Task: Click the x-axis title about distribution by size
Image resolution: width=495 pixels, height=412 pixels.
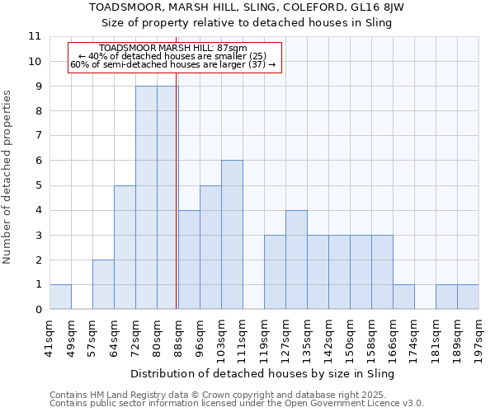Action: [263, 373]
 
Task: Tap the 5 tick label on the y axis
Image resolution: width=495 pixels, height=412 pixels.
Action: [38, 185]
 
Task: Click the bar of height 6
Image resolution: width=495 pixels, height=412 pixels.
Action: [232, 235]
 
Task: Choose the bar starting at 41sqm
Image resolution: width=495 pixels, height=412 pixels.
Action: [60, 297]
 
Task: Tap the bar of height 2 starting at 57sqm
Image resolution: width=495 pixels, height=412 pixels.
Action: [103, 284]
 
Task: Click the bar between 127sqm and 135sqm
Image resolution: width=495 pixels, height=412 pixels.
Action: [296, 260]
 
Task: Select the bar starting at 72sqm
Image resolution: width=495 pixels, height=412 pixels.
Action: [146, 198]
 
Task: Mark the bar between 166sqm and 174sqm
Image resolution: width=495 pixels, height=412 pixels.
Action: [403, 297]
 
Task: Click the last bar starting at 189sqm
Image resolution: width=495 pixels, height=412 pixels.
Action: [468, 297]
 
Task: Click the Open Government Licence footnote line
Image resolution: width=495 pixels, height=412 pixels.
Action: [236, 404]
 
